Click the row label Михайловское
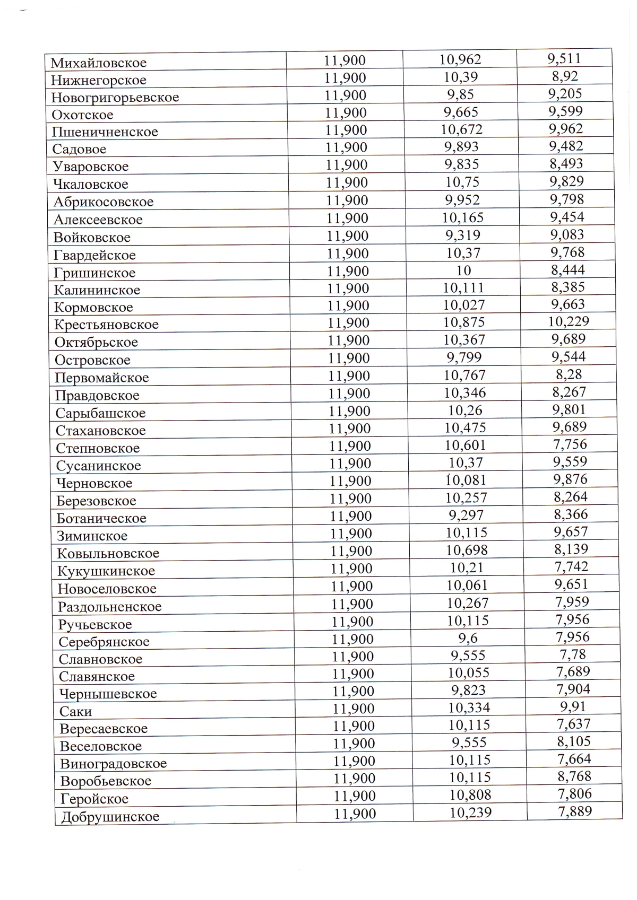(x=99, y=63)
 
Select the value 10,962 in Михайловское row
(x=460, y=59)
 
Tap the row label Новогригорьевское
(x=115, y=98)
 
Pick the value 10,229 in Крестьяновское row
(x=569, y=321)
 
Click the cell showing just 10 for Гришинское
(x=463, y=270)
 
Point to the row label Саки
(x=76, y=711)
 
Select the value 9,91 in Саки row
(x=573, y=706)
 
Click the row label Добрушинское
(x=110, y=816)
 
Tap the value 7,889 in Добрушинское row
(x=575, y=811)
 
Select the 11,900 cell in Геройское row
(x=355, y=796)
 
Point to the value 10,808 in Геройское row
(x=470, y=794)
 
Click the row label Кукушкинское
(x=106, y=571)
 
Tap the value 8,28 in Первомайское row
(x=569, y=374)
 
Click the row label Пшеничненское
(x=105, y=132)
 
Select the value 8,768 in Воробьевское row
(x=574, y=776)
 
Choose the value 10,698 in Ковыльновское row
(x=467, y=550)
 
